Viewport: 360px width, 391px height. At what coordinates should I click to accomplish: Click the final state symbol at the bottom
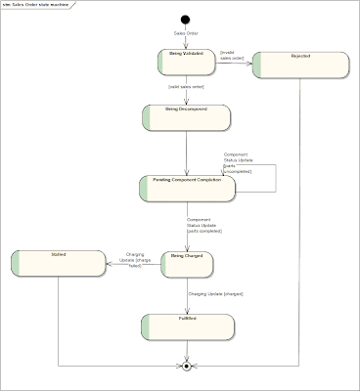pyautogui.click(x=185, y=367)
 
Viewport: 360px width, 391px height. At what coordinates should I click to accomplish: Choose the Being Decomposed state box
pyautogui.click(x=186, y=116)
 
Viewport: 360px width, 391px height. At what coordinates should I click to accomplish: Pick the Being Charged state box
pyautogui.click(x=186, y=261)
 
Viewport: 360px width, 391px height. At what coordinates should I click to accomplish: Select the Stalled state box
pyautogui.click(x=57, y=261)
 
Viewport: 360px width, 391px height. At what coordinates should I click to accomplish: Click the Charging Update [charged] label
pyautogui.click(x=215, y=294)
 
